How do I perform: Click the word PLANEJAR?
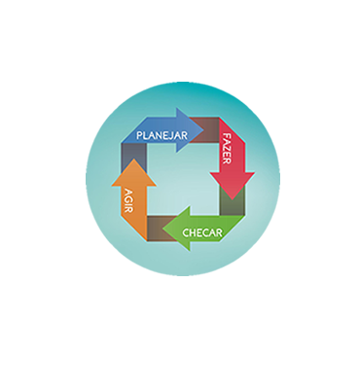click(x=162, y=135)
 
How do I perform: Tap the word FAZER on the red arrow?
click(x=227, y=149)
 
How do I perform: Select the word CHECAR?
click(x=202, y=232)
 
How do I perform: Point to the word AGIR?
click(x=129, y=200)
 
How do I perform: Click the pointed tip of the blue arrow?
click(x=203, y=130)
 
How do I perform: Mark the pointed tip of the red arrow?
click(x=233, y=199)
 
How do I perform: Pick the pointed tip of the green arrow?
click(x=162, y=229)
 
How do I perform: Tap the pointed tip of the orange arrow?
click(x=134, y=159)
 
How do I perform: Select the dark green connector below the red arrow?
click(x=233, y=202)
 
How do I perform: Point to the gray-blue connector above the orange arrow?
click(x=133, y=157)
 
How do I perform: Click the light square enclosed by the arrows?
click(x=183, y=179)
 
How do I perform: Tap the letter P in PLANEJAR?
click(x=139, y=135)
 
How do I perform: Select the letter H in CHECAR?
click(x=193, y=232)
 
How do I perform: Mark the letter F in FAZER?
click(x=227, y=135)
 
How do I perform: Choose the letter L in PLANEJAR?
click(x=145, y=135)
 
